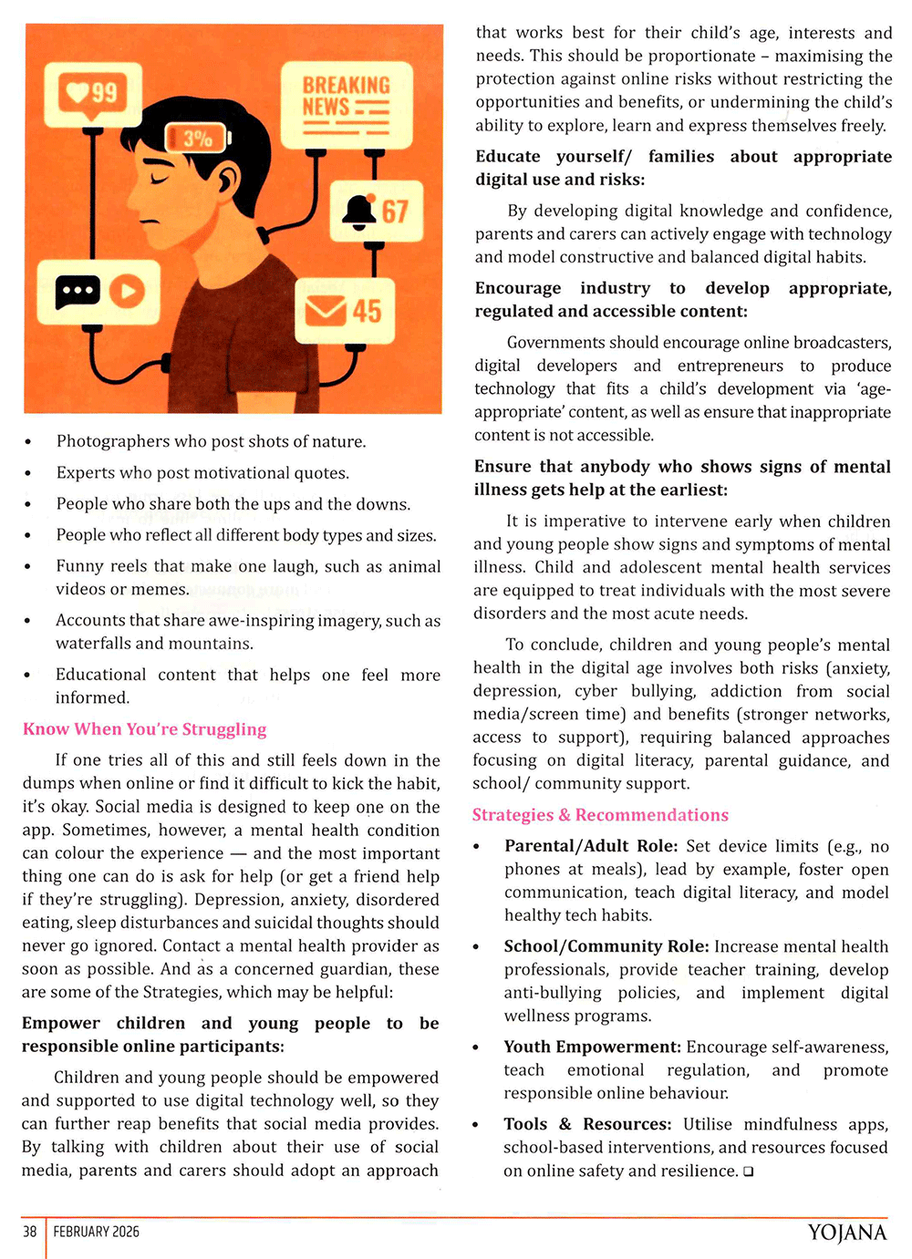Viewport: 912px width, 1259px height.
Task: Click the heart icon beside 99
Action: coord(75,92)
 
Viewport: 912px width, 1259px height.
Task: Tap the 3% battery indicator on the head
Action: coord(198,138)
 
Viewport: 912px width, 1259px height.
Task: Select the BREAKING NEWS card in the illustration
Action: coord(346,105)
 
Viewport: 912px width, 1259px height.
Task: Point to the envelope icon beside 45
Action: coord(325,311)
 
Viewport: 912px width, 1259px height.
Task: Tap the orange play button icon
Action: coord(127,292)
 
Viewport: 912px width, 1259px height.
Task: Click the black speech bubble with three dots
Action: coord(78,292)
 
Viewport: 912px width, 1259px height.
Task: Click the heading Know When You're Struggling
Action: coord(145,729)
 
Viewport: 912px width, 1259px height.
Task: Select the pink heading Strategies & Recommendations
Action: coord(600,815)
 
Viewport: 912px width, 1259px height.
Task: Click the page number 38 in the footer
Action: coord(30,1232)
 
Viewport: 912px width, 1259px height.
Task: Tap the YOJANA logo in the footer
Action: coord(846,1233)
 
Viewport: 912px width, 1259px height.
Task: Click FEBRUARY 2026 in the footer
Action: coord(97,1232)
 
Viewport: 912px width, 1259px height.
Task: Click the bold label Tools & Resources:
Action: coord(587,1124)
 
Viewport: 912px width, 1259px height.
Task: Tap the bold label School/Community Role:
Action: coord(606,946)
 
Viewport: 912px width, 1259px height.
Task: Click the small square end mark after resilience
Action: coord(748,1171)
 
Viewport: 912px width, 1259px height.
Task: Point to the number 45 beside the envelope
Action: coord(367,311)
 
